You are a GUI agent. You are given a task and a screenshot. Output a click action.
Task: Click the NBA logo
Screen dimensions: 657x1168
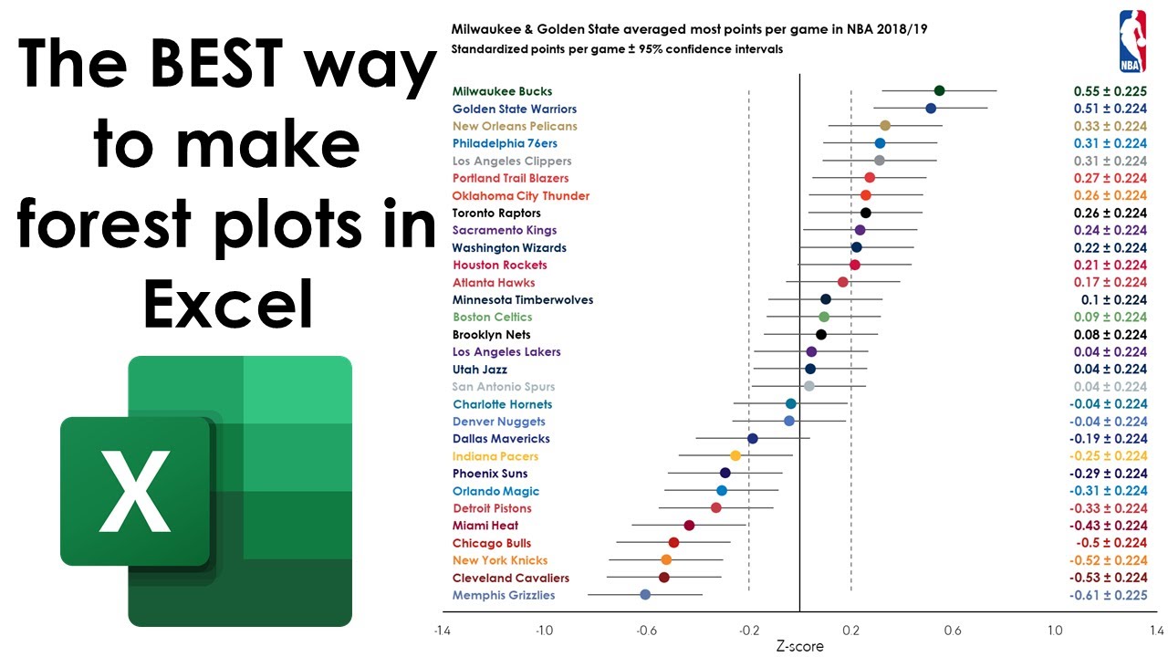1132,41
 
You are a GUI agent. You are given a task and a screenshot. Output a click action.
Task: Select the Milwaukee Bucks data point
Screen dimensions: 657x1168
939,90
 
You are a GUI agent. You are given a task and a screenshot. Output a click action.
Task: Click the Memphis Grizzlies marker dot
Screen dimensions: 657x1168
645,595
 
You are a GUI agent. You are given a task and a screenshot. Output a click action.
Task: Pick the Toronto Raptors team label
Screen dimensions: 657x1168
496,213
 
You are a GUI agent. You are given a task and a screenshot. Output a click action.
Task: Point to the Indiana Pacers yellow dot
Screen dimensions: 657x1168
735,456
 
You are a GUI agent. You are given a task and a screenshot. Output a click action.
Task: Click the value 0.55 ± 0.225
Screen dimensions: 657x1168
1110,91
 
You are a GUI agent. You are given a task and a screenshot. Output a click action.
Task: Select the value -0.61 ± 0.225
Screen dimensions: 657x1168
1108,595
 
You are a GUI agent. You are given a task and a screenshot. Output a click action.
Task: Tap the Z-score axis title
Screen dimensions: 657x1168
799,647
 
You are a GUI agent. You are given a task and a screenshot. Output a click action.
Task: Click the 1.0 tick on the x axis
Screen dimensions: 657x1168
1055,630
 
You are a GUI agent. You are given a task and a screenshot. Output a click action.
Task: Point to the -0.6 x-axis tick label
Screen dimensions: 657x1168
646,630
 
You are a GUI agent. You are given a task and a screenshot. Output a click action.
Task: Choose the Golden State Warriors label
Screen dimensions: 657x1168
515,109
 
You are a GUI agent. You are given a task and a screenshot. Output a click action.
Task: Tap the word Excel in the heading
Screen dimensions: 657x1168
228,303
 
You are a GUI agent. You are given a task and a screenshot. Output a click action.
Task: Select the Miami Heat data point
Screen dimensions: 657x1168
689,526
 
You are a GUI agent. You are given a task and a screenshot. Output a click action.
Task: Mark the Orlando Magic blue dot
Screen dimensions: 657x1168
722,491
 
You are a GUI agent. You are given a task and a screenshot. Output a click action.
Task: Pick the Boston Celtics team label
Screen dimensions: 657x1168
493,317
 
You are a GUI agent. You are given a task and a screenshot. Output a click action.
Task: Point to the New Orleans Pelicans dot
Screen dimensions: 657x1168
884,126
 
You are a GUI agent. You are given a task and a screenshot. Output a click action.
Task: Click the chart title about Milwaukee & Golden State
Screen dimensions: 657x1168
690,29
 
